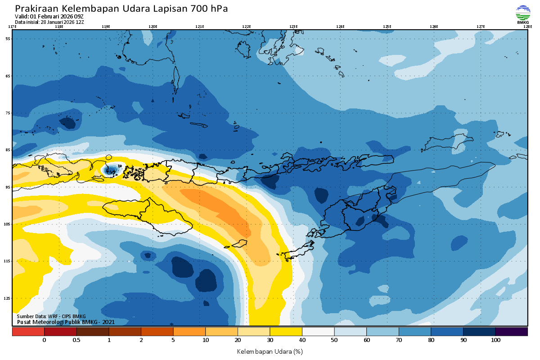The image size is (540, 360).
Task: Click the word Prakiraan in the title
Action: (37, 9)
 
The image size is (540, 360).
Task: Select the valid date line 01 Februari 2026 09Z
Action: (49, 17)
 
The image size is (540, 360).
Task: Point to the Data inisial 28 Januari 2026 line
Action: (49, 22)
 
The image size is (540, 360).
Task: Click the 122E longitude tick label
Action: (246, 27)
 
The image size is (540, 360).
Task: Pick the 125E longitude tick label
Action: (387, 27)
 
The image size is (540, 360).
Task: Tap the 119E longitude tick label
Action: (106, 27)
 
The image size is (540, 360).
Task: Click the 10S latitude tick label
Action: (8, 224)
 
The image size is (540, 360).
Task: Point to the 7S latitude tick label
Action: (8, 113)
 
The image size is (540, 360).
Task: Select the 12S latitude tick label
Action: (8, 298)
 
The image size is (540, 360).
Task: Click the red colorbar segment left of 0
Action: (28, 332)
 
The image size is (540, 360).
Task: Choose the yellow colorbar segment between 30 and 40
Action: (286, 332)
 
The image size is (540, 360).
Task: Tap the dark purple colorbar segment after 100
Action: (512, 332)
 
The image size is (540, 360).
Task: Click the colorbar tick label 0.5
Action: (76, 340)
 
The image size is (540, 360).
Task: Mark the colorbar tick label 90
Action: (463, 340)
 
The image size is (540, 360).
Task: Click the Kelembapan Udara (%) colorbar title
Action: (270, 351)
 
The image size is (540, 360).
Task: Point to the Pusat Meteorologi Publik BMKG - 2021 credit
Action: (66, 322)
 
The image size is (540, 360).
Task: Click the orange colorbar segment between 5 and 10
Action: (189, 332)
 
